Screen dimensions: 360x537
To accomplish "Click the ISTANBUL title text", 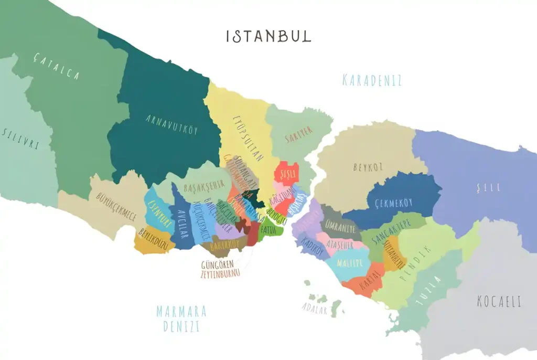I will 268,36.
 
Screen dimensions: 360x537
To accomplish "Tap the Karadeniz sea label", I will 372,80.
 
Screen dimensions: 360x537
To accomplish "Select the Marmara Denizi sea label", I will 181,319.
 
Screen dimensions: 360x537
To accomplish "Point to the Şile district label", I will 488,187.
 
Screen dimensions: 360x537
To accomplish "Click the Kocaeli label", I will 499,302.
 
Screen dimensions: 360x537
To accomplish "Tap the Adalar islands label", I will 314,309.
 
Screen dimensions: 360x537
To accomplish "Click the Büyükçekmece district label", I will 116,206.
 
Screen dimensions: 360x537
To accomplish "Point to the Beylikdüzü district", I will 152,239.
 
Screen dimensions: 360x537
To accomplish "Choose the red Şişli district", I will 288,173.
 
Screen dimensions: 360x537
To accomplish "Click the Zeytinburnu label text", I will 220,273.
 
